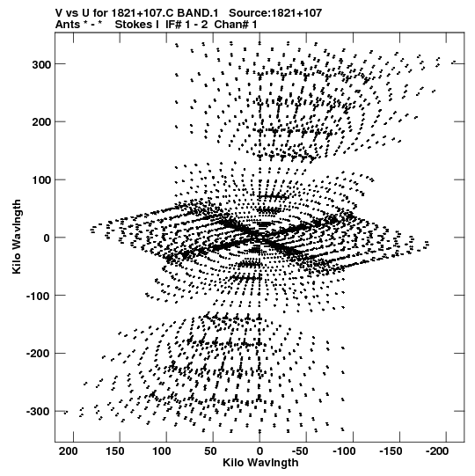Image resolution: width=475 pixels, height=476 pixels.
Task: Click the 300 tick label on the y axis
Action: (x=42, y=64)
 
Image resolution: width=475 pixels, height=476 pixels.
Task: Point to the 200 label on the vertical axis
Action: (x=42, y=122)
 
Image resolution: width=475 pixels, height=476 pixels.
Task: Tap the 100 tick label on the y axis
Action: (x=42, y=180)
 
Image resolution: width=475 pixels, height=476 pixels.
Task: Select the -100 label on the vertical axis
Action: (x=39, y=296)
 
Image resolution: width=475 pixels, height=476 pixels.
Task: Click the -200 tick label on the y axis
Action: (x=39, y=354)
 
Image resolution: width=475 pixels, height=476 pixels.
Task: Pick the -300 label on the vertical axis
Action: (x=39, y=412)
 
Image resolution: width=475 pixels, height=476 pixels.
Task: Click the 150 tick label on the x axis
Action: (x=114, y=451)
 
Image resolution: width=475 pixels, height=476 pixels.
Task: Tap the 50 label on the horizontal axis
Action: (x=210, y=451)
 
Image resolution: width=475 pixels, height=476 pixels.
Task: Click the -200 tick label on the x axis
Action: (x=438, y=451)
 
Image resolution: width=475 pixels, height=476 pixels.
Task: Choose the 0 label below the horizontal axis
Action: (x=259, y=451)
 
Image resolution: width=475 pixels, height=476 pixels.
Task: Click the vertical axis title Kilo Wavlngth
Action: (x=17, y=237)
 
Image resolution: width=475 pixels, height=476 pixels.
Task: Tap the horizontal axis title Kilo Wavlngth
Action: (x=260, y=463)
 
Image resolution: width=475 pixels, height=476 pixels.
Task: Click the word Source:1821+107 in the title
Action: (x=275, y=13)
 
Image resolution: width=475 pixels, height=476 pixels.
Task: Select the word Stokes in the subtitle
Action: (x=135, y=25)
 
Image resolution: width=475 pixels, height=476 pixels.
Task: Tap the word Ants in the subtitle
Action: (x=67, y=25)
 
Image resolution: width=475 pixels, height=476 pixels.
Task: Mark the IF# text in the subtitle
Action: (x=174, y=25)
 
